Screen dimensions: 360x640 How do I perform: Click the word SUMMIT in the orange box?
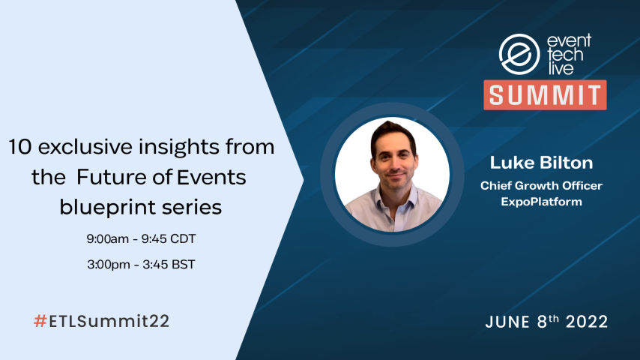545,94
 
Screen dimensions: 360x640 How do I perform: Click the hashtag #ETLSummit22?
101,321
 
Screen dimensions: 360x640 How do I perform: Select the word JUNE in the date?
508,322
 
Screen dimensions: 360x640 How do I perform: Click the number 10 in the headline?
19,148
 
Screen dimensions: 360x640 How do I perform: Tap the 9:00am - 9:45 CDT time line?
142,239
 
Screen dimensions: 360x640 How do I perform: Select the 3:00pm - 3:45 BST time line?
142,265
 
